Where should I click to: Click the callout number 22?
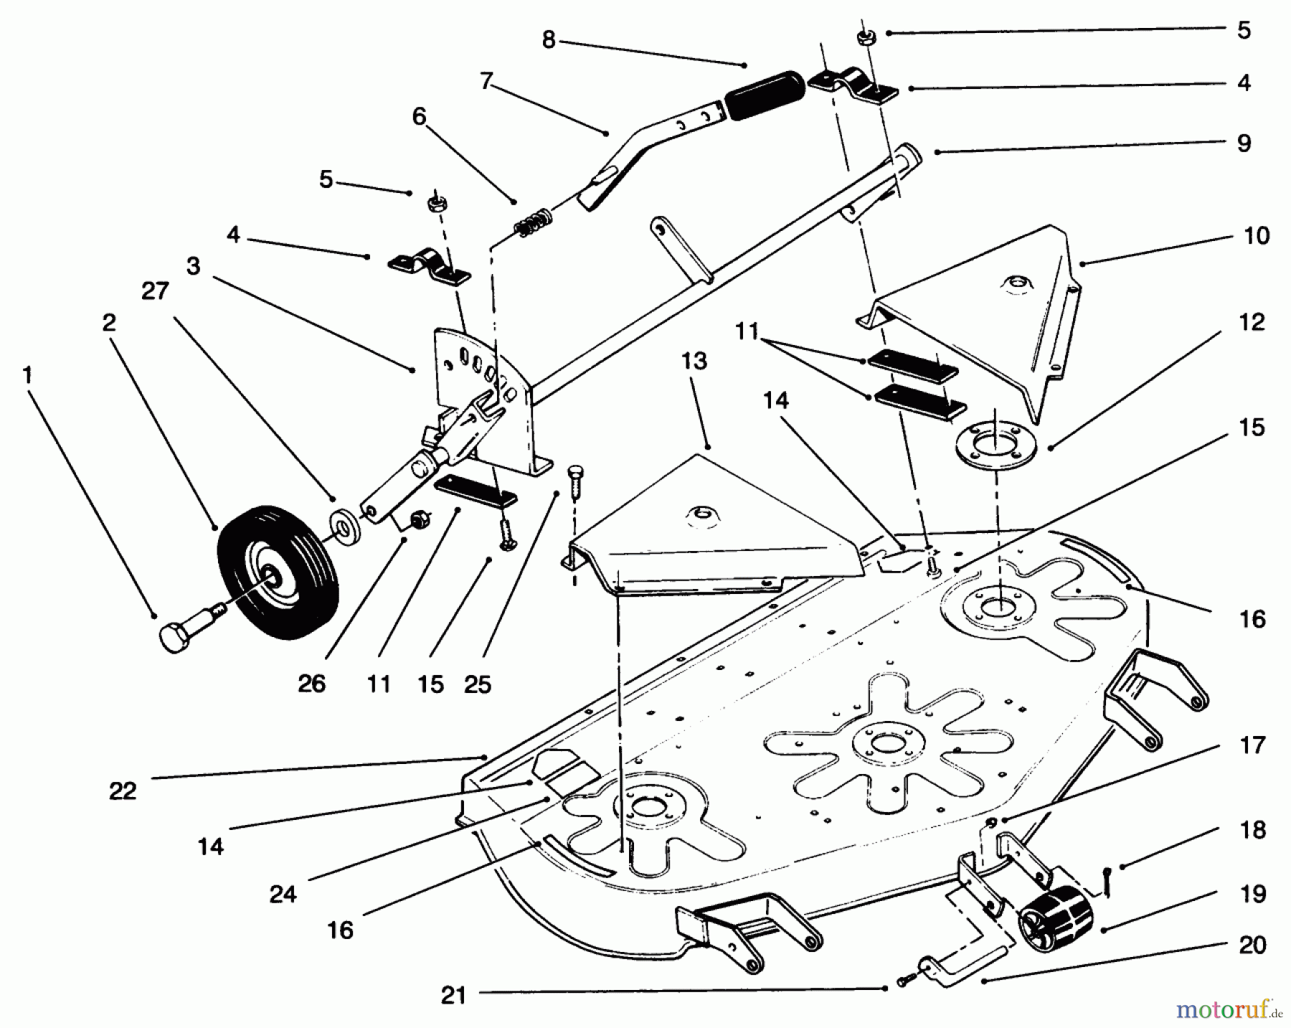click(123, 791)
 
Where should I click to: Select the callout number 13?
click(694, 361)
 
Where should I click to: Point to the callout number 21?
click(453, 996)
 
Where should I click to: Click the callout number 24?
click(283, 895)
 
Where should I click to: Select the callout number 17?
click(1252, 745)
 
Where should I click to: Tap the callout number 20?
click(1252, 946)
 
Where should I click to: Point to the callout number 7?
click(486, 82)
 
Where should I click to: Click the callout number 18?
click(1252, 830)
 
